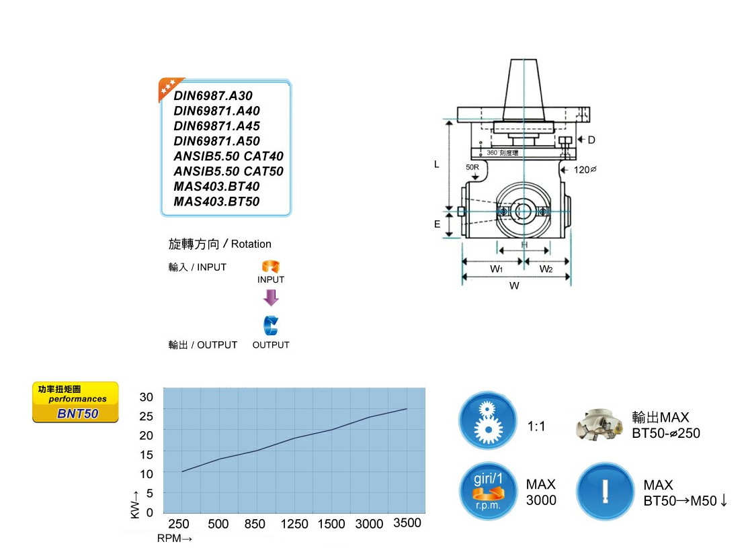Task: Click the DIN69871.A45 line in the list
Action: (216, 126)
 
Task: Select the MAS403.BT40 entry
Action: (216, 187)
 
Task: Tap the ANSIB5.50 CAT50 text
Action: (228, 171)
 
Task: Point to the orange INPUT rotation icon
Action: (270, 267)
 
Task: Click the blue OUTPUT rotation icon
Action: (270, 326)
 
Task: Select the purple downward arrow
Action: (270, 297)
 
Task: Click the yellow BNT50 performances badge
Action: (75, 402)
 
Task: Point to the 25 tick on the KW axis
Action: (146, 416)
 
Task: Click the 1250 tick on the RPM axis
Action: (294, 524)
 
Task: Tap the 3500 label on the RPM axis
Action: (407, 524)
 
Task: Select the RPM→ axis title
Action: (175, 539)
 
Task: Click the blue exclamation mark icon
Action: (605, 491)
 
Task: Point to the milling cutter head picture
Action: (599, 424)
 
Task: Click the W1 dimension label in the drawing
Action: (497, 269)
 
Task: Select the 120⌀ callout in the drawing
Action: (584, 170)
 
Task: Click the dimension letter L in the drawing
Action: (436, 164)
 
